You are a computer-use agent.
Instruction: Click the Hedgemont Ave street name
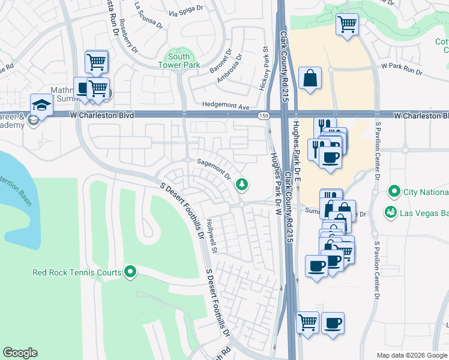point(226,106)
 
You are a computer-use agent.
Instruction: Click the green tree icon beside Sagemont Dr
point(242,184)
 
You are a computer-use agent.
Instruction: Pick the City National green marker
point(394,192)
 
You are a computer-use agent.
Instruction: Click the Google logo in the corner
point(20,353)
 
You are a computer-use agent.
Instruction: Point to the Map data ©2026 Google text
point(411,355)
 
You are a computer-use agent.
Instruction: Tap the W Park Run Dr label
point(402,69)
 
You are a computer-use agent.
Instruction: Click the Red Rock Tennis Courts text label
point(77,272)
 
